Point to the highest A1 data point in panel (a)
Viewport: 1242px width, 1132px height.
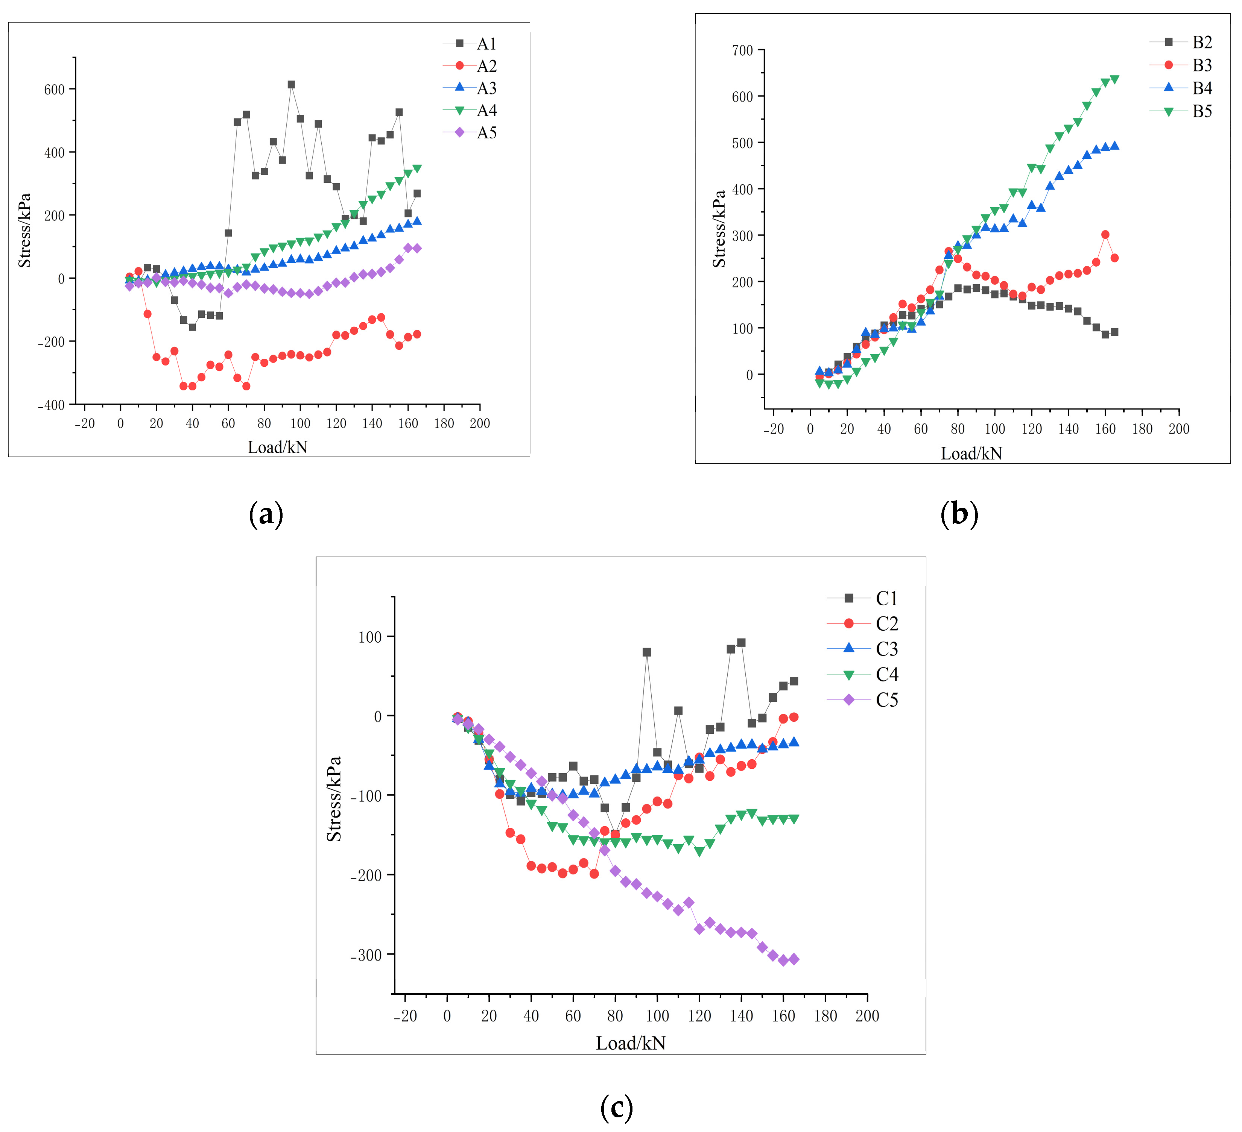coord(291,84)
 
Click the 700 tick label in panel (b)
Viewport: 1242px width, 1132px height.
coord(742,50)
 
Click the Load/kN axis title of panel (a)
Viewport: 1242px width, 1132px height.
coord(277,447)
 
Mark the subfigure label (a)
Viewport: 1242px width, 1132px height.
coord(266,514)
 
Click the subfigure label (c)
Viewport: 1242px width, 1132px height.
coord(616,1107)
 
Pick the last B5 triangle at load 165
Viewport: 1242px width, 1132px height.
coord(1114,79)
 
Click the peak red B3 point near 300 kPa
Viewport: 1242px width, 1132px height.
coord(1105,235)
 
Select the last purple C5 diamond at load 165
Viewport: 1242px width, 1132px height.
coord(794,959)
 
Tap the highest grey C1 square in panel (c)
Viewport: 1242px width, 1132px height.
coord(741,642)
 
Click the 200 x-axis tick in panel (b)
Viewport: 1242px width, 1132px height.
coord(1178,429)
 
